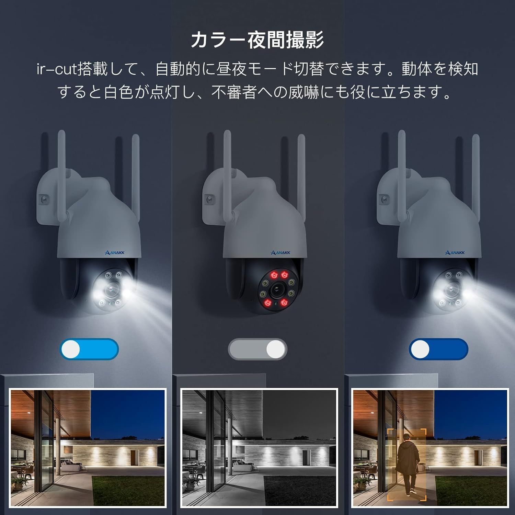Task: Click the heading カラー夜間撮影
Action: coord(257,40)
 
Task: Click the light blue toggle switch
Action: coord(89,349)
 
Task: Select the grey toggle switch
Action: coord(257,349)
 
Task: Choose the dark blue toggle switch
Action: coord(438,349)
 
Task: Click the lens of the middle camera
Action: coord(275,290)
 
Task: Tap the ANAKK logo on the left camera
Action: coord(115,253)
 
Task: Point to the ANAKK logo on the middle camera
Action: coord(281,253)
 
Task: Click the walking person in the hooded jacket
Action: coord(407,463)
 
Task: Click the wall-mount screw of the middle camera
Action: coord(209,199)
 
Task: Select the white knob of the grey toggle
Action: coord(276,349)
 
